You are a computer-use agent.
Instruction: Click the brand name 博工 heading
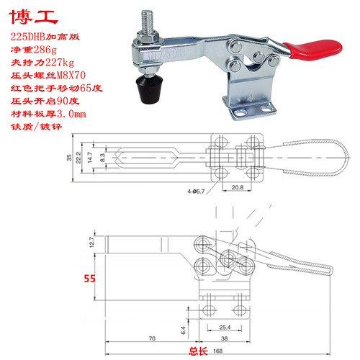27,14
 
